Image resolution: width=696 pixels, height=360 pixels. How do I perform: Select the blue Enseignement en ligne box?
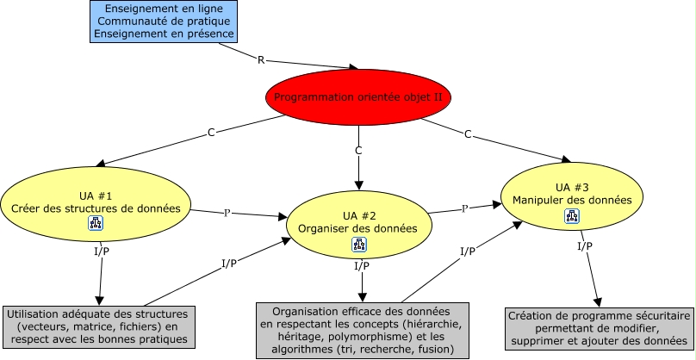(x=163, y=21)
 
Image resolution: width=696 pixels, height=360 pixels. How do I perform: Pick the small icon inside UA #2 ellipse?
(x=358, y=245)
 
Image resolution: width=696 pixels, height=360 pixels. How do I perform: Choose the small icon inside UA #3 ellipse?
(x=572, y=216)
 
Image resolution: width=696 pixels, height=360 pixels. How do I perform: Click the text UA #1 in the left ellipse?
(x=95, y=196)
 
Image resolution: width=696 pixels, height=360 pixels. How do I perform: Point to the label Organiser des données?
(x=357, y=228)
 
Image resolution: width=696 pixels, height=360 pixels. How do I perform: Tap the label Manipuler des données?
(x=572, y=200)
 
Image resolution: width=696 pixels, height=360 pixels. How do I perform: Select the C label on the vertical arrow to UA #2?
(x=358, y=151)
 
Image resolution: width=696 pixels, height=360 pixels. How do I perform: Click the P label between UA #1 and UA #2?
(x=227, y=212)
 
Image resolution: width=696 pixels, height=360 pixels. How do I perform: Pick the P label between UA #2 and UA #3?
(x=464, y=208)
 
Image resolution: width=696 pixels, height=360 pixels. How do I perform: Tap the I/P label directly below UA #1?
(x=102, y=251)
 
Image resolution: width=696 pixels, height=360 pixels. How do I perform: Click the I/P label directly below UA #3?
(x=584, y=246)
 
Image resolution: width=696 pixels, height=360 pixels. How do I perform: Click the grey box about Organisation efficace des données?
(x=364, y=331)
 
